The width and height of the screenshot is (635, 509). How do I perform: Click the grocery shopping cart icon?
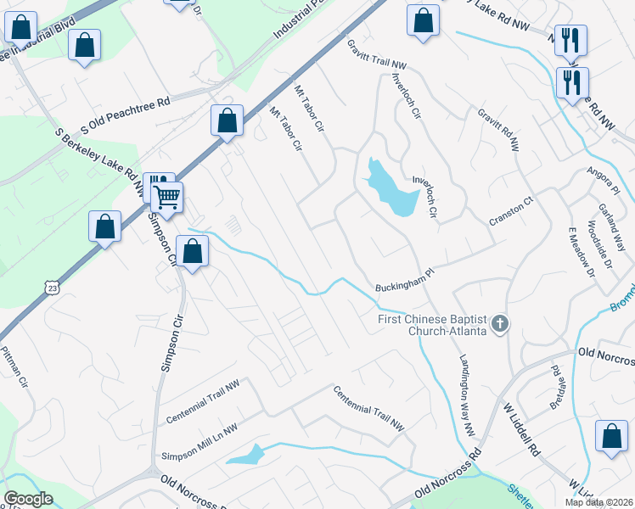(x=167, y=197)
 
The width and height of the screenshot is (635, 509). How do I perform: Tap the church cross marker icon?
(x=501, y=323)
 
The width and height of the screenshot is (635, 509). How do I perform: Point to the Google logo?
(x=28, y=499)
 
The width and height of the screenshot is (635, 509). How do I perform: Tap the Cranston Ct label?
(x=510, y=212)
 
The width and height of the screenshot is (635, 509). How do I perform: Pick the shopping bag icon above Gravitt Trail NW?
(x=423, y=22)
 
